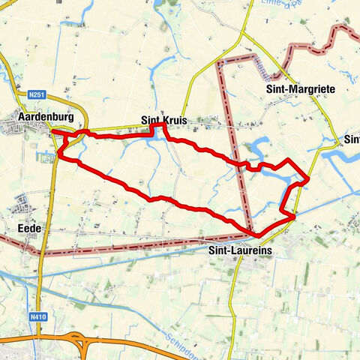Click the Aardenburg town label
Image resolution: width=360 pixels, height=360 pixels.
click(x=46, y=118)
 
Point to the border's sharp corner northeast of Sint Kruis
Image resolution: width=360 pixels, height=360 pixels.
click(x=219, y=64)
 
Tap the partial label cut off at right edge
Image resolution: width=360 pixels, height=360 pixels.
click(x=352, y=139)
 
